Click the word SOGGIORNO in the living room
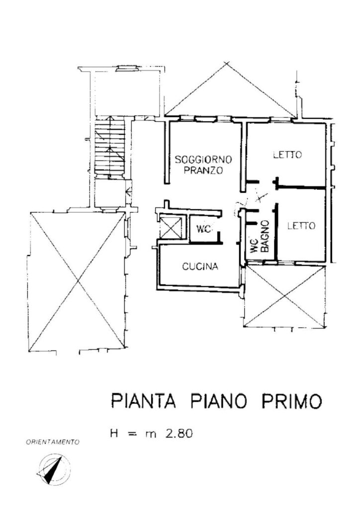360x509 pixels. pos(204,160)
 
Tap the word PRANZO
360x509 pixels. pos(203,170)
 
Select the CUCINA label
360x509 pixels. pos(200,266)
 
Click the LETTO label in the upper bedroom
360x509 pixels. pos(287,155)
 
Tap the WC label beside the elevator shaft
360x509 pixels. pos(203,229)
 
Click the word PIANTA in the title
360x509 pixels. pos(143,401)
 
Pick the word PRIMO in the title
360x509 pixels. pos(291,401)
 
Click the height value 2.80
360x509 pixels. pos(179,433)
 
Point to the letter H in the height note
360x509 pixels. pos(114,433)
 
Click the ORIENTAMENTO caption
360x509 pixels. pos(53,442)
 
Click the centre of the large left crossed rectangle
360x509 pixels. pos(77,282)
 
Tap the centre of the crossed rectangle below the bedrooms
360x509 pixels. pos(284,296)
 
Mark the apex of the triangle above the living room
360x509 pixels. pos(227,62)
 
